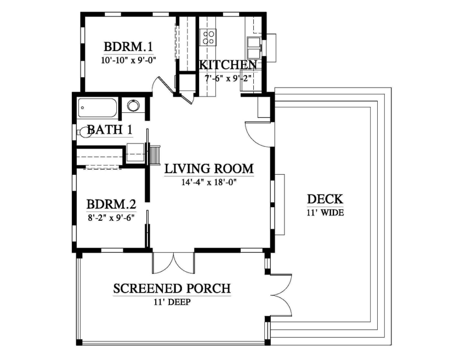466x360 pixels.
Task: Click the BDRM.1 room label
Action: [x=128, y=47]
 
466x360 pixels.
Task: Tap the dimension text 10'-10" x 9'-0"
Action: [x=128, y=60]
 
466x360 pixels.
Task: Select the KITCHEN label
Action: [x=228, y=65]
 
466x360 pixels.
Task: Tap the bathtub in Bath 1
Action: [x=98, y=108]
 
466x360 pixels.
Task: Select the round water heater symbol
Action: [x=133, y=105]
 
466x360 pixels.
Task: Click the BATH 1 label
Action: [x=110, y=130]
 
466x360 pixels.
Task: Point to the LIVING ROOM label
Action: [x=209, y=168]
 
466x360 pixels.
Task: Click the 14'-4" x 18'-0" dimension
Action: [x=209, y=182]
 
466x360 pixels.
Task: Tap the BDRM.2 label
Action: [x=111, y=204]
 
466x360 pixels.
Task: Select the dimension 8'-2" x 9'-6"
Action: [x=111, y=218]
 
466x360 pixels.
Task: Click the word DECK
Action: [x=325, y=199]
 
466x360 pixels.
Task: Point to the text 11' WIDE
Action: [x=325, y=213]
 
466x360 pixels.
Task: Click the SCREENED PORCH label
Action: [x=172, y=288]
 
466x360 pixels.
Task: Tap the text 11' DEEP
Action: [x=172, y=302]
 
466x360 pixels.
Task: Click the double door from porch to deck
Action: [x=281, y=295]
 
